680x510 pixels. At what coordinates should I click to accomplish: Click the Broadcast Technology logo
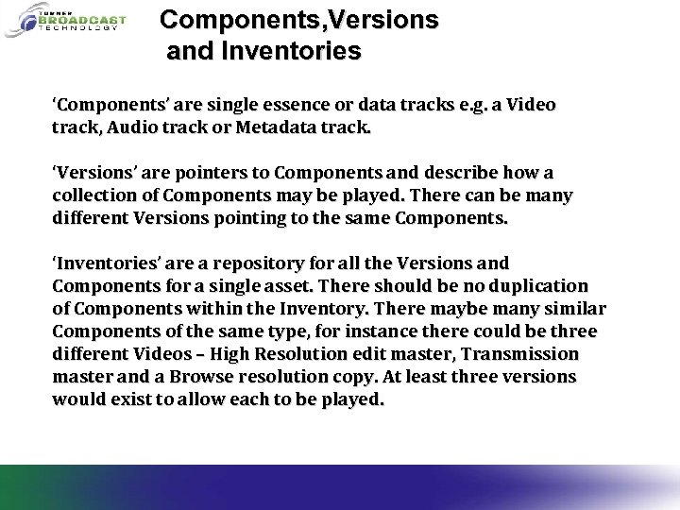point(64,22)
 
